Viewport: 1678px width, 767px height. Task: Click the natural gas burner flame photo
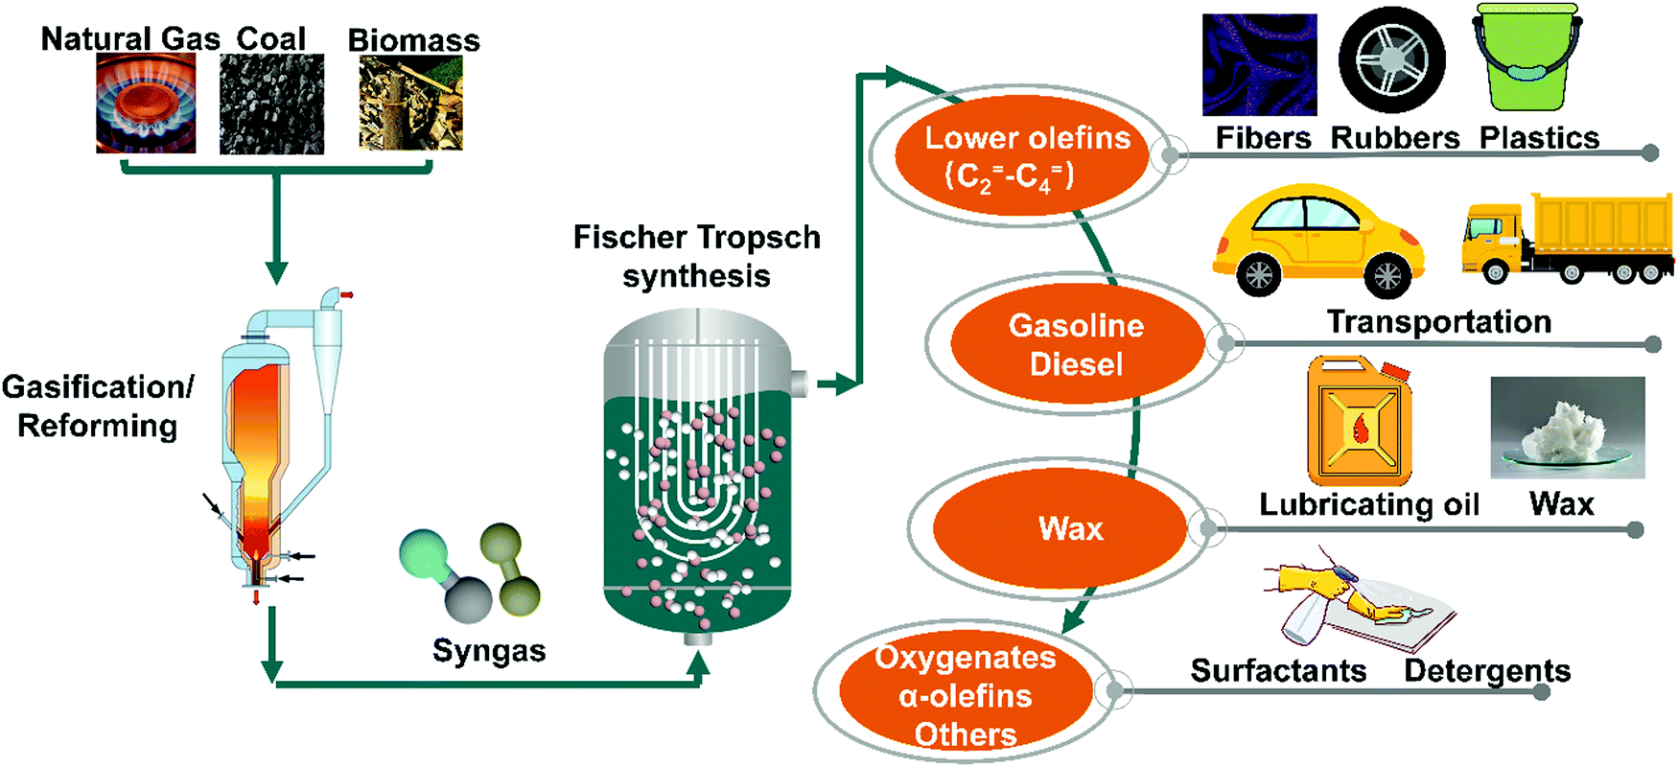coord(146,104)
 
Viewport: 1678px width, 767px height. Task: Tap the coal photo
coord(271,104)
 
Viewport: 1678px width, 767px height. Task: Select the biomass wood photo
coord(410,103)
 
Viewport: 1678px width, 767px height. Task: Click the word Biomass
coord(413,40)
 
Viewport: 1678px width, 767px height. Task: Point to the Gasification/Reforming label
coord(97,406)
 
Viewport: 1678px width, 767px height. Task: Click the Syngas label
coord(489,650)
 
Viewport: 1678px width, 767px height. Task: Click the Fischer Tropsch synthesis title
coord(696,256)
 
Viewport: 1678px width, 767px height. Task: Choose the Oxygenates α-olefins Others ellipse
coord(965,694)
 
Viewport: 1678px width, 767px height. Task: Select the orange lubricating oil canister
coord(1360,422)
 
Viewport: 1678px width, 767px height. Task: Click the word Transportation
coord(1438,322)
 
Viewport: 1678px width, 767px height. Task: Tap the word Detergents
coord(1487,670)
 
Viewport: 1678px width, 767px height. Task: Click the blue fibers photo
coord(1259,65)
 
